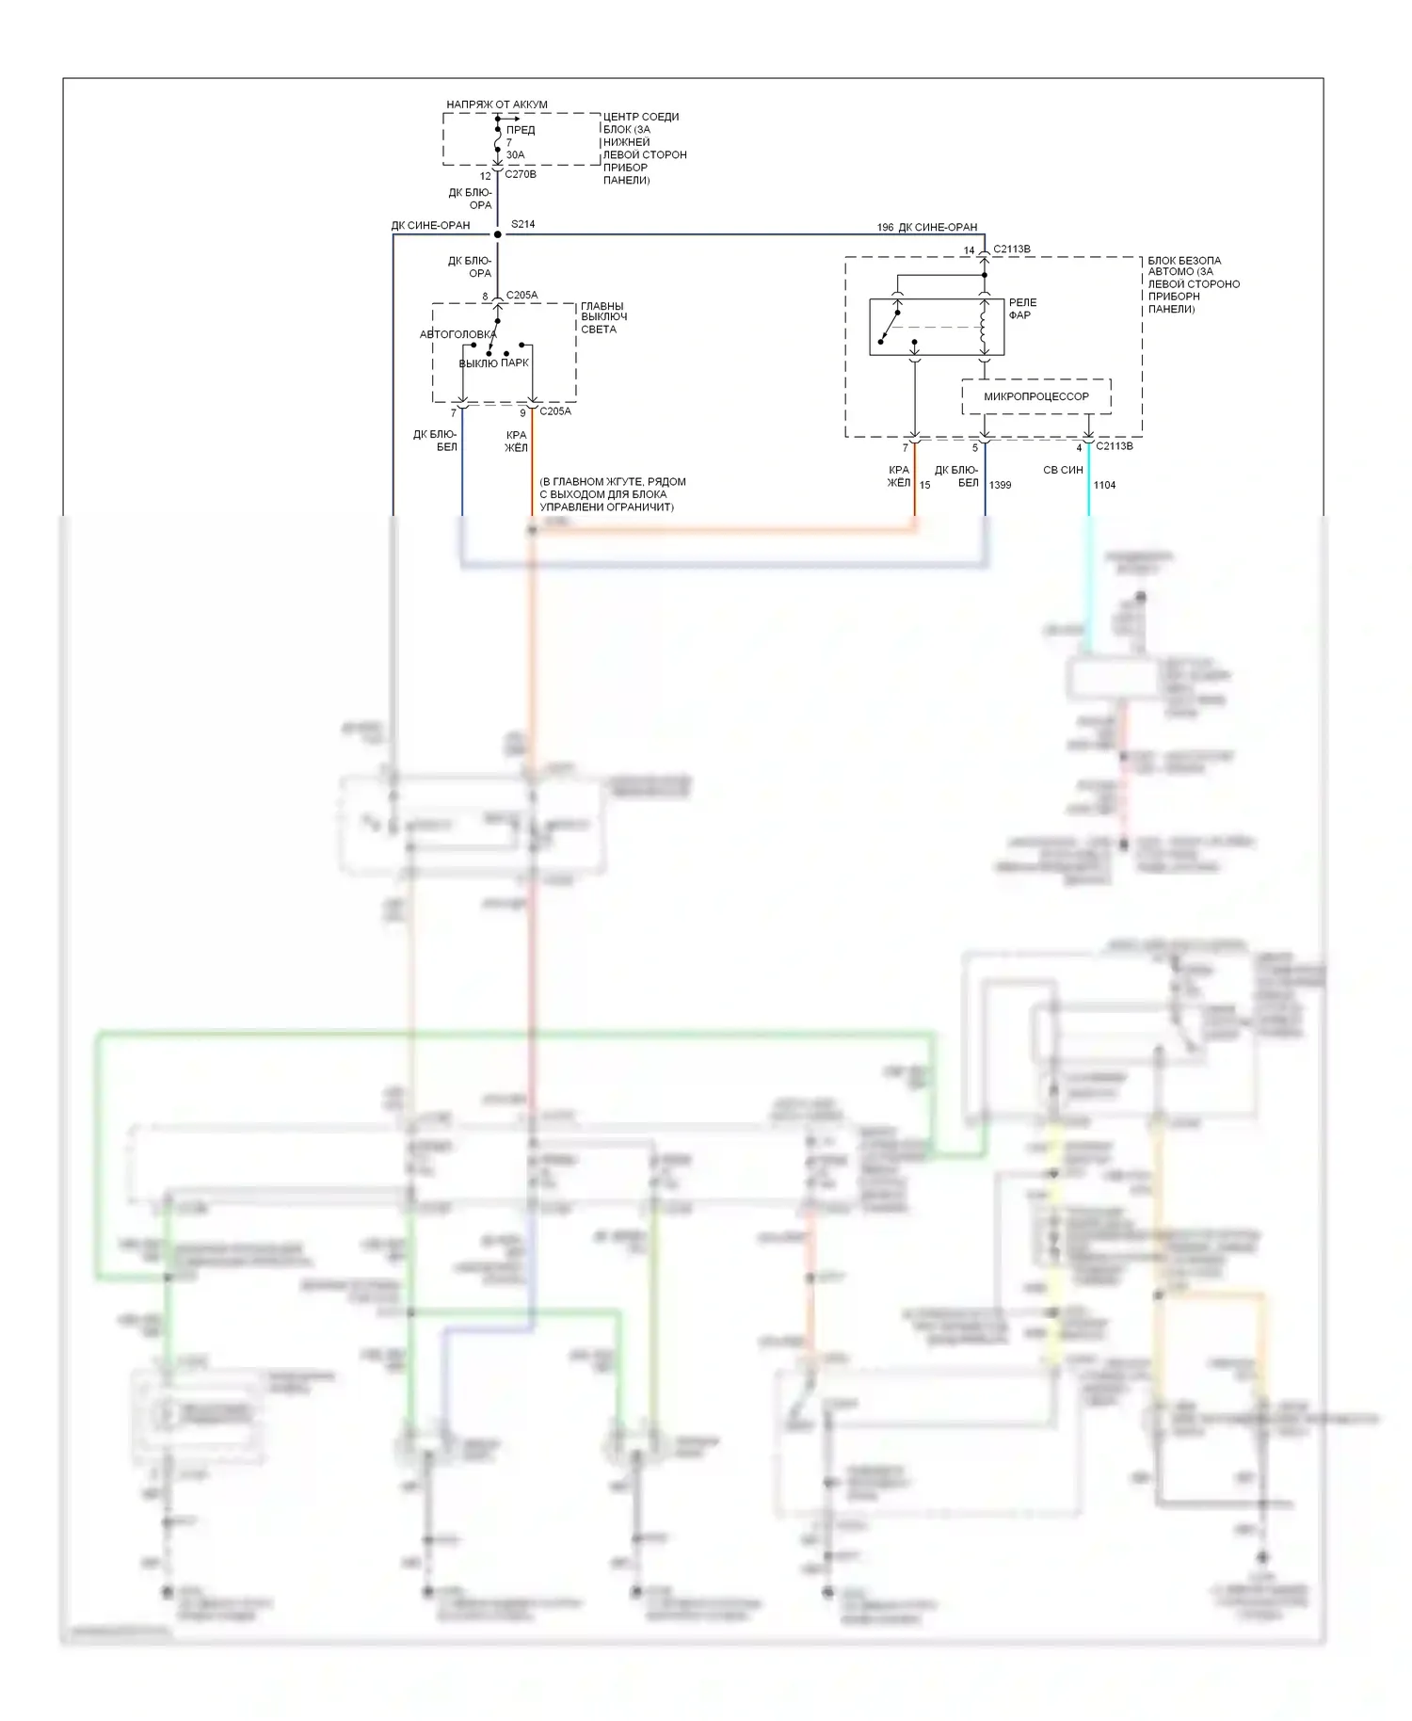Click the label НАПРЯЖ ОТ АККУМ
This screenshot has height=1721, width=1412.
[496, 105]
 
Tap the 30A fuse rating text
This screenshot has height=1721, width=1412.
[515, 155]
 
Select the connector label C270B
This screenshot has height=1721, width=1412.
[521, 174]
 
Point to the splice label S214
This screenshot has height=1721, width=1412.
[522, 224]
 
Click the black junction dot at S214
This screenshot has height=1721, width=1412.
[497, 234]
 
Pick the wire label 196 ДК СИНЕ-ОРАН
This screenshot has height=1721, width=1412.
[927, 227]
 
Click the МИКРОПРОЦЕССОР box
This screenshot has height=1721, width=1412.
[1035, 396]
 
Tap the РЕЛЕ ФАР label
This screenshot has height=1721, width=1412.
[1022, 309]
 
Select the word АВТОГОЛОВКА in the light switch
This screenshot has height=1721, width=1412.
[457, 334]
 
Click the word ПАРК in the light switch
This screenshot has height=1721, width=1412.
[515, 362]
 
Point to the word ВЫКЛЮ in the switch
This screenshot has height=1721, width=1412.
[478, 363]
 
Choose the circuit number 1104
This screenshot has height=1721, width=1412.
[1104, 485]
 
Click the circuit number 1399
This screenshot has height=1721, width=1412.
[1000, 485]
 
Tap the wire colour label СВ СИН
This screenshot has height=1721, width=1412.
[1063, 470]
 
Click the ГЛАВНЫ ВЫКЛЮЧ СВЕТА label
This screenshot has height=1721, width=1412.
[603, 317]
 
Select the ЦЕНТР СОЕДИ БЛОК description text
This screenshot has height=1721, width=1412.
[644, 148]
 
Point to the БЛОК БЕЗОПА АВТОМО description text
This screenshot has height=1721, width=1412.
[1193, 284]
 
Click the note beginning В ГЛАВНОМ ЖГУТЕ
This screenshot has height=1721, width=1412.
[612, 494]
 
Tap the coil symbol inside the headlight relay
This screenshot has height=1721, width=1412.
[984, 326]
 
